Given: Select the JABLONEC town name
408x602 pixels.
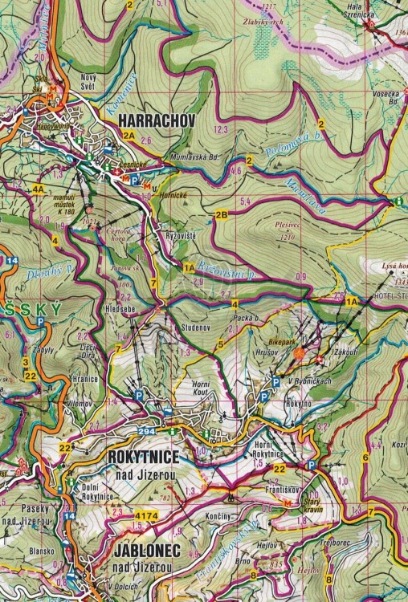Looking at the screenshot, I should (x=145, y=554).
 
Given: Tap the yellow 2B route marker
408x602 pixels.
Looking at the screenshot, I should (x=222, y=214).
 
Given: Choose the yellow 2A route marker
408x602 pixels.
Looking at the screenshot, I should (x=130, y=136).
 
